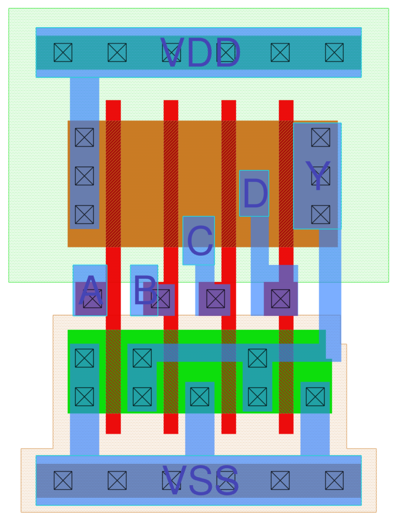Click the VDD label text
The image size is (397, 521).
200,53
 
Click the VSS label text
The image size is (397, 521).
200,480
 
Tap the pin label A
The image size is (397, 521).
91,290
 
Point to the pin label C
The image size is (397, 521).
199,241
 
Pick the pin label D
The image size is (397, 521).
255,194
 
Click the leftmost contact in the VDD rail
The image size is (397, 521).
63,52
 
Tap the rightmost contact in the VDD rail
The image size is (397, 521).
334,52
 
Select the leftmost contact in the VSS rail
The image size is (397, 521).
63,480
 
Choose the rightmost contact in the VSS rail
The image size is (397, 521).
334,480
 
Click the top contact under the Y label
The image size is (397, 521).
320,137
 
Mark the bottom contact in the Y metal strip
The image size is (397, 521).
320,215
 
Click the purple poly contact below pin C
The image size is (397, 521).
215,299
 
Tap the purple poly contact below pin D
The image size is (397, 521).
280,299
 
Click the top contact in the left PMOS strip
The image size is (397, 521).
84,137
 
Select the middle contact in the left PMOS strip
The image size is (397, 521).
84,176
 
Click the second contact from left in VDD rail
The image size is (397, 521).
117,52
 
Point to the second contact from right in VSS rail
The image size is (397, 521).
280,480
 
